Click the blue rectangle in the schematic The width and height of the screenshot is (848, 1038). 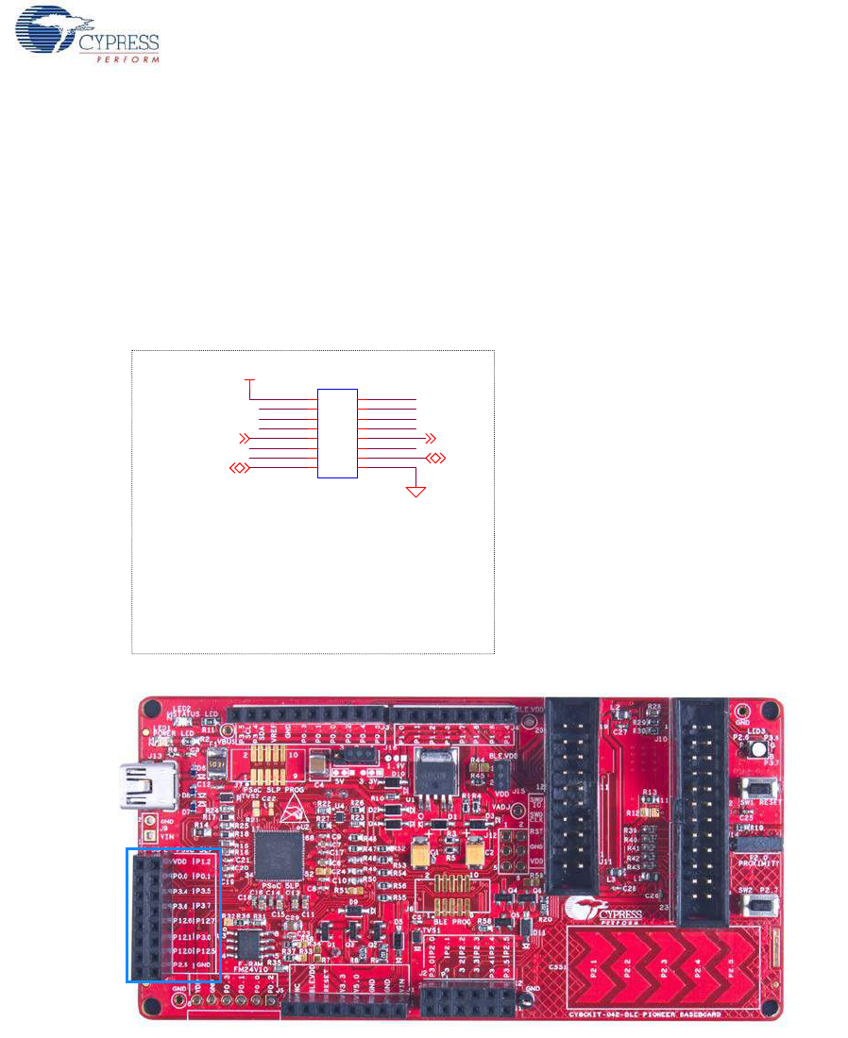[337, 433]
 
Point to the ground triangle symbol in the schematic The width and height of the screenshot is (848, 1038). [416, 491]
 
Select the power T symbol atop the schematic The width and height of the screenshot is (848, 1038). [249, 380]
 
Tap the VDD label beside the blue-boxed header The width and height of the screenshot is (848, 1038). [178, 862]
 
